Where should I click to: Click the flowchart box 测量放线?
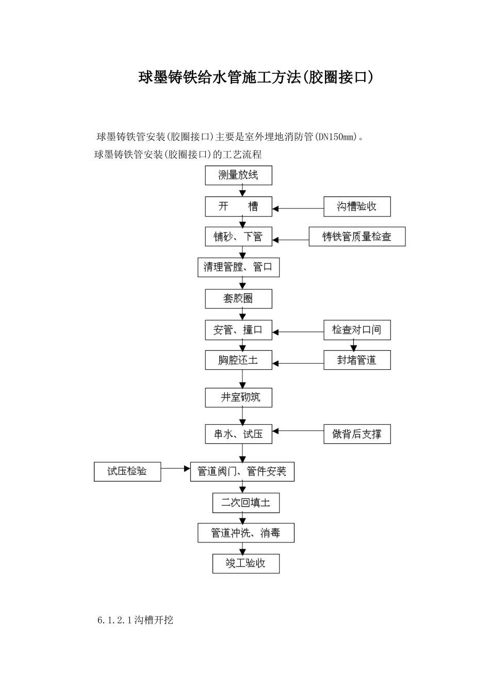[x=238, y=175]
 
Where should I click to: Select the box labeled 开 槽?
[x=238, y=207]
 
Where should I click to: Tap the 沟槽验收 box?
[x=356, y=207]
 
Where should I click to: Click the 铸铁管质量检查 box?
[x=357, y=237]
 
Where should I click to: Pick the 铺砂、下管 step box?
[x=238, y=237]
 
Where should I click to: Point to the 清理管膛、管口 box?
[x=238, y=267]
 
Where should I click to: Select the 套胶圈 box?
[x=238, y=299]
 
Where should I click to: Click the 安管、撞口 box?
[x=238, y=330]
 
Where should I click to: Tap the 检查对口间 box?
[x=356, y=330]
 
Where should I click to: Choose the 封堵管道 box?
[x=356, y=360]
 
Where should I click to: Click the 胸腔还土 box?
[x=238, y=360]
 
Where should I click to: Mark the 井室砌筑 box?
[x=238, y=398]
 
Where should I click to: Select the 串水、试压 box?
[x=238, y=434]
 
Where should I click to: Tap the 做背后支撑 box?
[x=356, y=434]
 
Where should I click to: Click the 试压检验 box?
[x=127, y=471]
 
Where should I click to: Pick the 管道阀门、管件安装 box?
[x=242, y=472]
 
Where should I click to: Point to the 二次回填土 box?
[x=246, y=503]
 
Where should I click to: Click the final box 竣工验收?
[x=246, y=563]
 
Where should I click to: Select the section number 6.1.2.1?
[x=115, y=620]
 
